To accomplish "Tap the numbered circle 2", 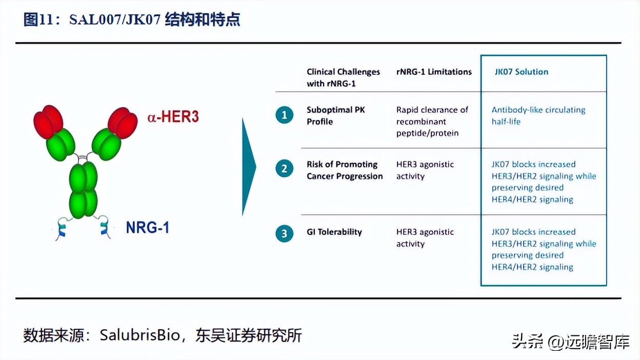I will [x=284, y=169].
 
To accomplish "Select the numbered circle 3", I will [x=284, y=234].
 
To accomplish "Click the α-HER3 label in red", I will [x=173, y=117].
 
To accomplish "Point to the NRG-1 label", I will [x=148, y=227].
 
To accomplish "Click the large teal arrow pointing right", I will [x=249, y=166].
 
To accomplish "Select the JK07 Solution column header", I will [x=521, y=72].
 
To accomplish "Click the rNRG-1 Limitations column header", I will [x=434, y=72].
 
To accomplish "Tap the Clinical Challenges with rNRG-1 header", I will [x=343, y=77].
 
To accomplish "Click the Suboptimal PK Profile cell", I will [x=335, y=115].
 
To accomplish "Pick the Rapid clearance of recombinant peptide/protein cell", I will [x=432, y=122].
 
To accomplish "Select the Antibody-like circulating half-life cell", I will [x=538, y=115].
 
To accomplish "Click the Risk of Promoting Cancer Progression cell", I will [x=345, y=170].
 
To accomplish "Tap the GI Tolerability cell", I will [x=334, y=232].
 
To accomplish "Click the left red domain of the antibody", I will [x=48, y=121].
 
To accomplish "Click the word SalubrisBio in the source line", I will [x=140, y=335].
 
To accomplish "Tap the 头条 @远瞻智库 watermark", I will [x=570, y=342].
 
